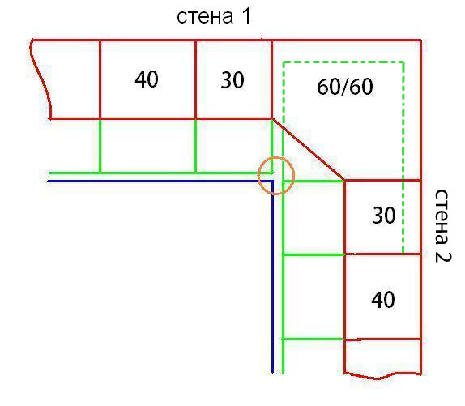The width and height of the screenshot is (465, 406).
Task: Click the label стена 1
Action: click(214, 16)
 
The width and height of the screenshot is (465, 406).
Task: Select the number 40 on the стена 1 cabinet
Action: click(147, 79)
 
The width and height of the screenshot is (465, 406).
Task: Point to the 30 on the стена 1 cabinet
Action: click(232, 80)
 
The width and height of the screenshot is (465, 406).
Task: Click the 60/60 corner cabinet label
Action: click(345, 87)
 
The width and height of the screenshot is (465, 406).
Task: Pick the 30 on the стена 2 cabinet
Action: click(384, 216)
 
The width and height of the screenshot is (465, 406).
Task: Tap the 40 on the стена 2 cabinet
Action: click(383, 300)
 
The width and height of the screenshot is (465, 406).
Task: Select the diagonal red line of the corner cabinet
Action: click(309, 149)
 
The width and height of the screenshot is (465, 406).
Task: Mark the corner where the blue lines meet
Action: click(273, 181)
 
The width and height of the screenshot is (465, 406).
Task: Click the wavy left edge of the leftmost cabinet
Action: click(41, 79)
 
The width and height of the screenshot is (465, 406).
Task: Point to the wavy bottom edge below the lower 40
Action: click(382, 376)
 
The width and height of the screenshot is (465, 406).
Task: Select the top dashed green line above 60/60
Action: click(343, 62)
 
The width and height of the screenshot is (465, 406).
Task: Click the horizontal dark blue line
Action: click(160, 181)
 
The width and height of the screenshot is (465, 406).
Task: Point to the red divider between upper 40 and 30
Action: click(196, 79)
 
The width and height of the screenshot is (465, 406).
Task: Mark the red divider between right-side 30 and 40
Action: click(383, 254)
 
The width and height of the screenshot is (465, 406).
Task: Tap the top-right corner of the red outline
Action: click(420, 40)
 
